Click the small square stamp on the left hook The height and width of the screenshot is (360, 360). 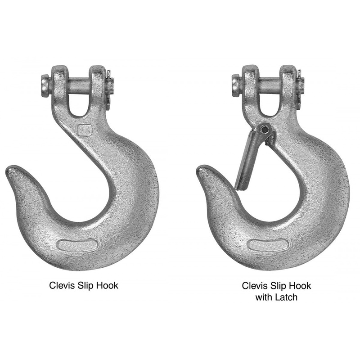click(84, 130)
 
